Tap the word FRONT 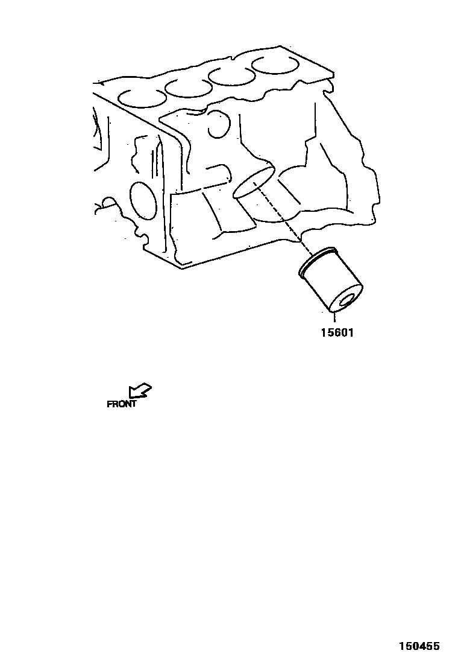point(122,404)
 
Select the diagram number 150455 point(419,646)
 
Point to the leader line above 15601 point(333,318)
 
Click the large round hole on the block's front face point(143,200)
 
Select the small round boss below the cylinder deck point(216,124)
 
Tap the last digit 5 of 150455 point(436,646)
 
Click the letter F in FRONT point(110,404)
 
